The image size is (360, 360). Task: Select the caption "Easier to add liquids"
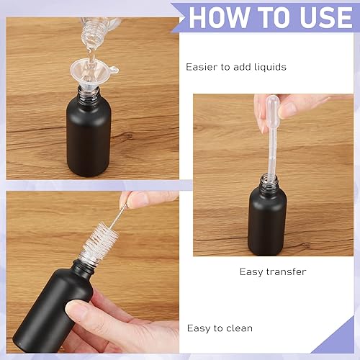(235, 67)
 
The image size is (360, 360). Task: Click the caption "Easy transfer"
(272, 271)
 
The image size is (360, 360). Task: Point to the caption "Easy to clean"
(220, 328)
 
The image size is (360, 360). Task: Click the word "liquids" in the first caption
(269, 67)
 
